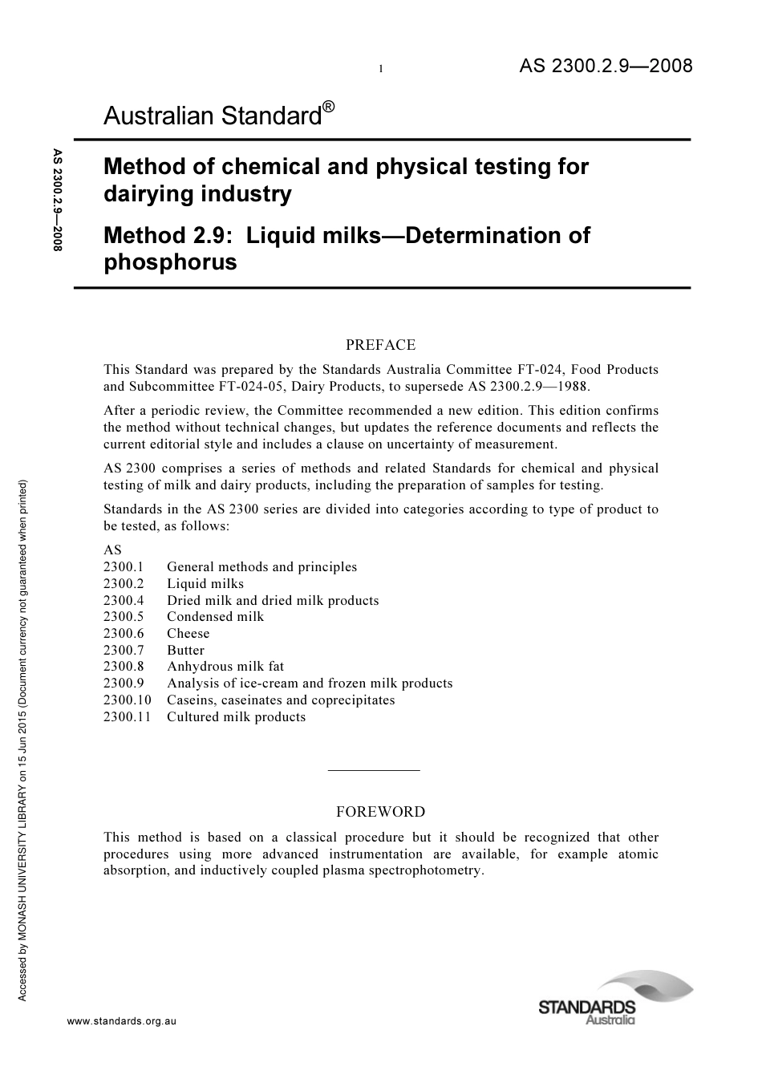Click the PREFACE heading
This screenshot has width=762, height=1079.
380,345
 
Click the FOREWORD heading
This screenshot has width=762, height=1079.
380,812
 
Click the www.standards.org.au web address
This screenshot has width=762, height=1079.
121,1021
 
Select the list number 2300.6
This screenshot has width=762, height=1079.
124,634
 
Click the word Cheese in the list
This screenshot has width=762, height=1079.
188,634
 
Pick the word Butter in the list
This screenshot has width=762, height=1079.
185,651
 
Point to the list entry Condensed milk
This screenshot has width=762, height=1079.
215,617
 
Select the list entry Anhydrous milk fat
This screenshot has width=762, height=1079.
225,667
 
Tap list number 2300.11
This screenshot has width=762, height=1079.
127,717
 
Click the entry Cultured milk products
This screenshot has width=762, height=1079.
236,717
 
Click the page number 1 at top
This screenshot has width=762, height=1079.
381,70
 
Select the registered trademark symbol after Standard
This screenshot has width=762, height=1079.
329,107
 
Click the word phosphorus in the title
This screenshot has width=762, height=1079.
170,262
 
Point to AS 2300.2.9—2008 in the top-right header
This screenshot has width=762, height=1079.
606,66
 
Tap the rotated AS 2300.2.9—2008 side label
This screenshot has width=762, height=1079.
57,201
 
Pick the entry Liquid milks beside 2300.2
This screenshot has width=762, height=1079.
205,584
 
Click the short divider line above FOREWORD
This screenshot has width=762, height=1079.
374,771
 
